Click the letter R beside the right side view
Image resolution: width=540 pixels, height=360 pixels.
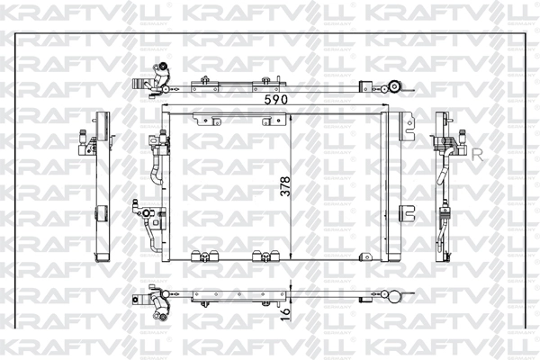pos(477,154)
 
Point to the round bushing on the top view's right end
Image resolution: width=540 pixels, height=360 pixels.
pos(394,87)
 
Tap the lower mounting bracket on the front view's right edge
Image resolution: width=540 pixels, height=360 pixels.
pos(407,212)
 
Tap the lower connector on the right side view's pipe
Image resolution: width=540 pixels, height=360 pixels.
pos(444,216)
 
